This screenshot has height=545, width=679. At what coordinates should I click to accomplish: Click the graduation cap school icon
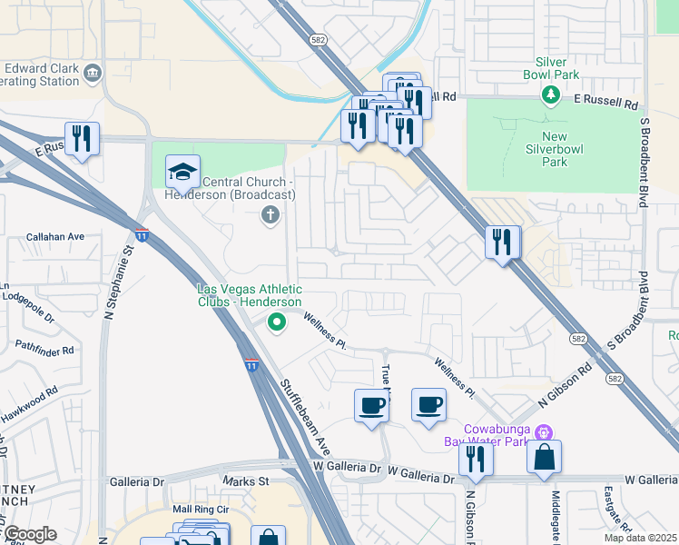tap(182, 172)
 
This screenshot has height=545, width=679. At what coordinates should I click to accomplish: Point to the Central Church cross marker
tap(269, 215)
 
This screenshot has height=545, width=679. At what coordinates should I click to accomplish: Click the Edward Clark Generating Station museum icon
tap(92, 73)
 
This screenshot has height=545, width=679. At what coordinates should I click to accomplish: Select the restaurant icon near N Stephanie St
tap(82, 139)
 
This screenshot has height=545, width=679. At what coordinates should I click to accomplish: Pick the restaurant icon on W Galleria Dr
tap(476, 460)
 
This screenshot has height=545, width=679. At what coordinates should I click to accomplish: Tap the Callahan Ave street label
tap(55, 236)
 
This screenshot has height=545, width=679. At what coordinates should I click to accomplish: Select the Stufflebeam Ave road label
tap(304, 416)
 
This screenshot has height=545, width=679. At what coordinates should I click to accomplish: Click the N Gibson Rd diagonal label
tap(565, 384)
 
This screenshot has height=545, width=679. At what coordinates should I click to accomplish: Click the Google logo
tap(29, 534)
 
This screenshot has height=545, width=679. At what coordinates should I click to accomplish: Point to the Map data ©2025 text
tap(640, 538)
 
